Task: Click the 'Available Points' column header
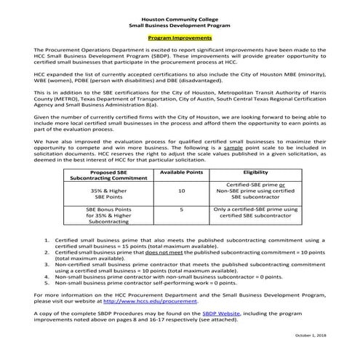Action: point(180,172)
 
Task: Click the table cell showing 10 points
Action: point(180,191)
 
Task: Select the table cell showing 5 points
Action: point(180,209)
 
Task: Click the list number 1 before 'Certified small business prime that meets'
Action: point(48,239)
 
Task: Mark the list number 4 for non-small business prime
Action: point(48,276)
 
